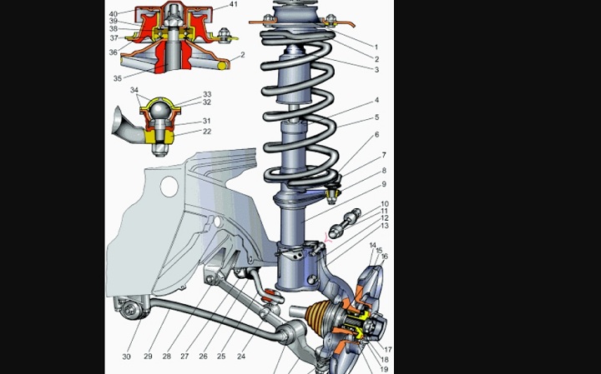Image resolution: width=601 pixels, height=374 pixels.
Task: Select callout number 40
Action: (113, 13)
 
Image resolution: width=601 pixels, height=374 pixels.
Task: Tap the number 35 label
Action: (118, 78)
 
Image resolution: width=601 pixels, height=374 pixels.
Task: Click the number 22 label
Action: (206, 131)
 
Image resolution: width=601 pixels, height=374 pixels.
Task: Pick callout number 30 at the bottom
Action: (126, 357)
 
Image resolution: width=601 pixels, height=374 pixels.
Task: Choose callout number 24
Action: (240, 357)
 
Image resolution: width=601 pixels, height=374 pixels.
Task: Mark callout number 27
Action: (184, 357)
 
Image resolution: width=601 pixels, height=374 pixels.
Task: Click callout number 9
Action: (384, 184)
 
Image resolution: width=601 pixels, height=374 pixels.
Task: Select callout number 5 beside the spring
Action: (376, 117)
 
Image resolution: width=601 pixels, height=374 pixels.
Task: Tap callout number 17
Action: (387, 349)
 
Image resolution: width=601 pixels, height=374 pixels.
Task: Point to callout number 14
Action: (372, 246)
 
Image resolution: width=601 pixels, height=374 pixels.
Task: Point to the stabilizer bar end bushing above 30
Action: (128, 310)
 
